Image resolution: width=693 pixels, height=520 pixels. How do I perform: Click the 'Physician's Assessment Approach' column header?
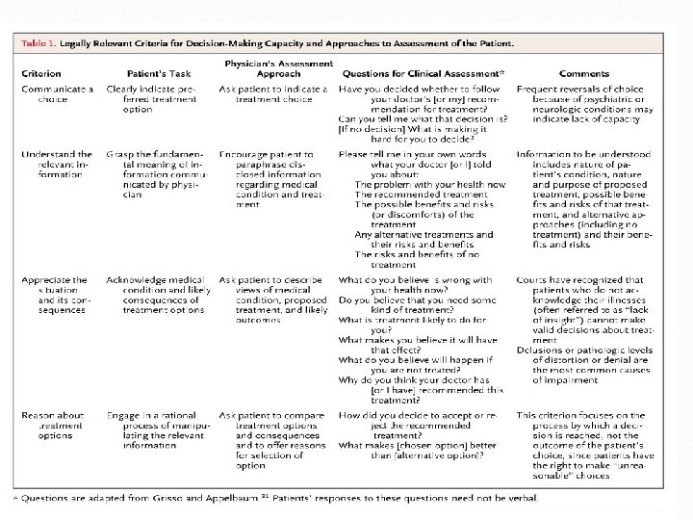click(x=273, y=68)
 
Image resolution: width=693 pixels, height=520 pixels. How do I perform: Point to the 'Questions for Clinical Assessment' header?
click(x=422, y=73)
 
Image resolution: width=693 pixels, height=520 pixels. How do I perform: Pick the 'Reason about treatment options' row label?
click(x=54, y=426)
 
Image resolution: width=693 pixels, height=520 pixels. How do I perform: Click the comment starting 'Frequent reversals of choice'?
click(x=597, y=105)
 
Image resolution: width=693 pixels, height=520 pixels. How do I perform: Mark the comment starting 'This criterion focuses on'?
click(x=597, y=442)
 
